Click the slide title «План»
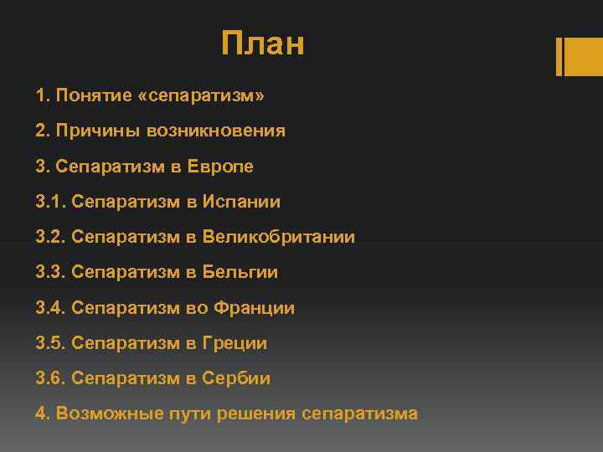pyautogui.click(x=263, y=44)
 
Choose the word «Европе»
pyautogui.click(x=224, y=167)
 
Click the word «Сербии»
pyautogui.click(x=238, y=378)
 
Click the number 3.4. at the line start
pyautogui.click(x=51, y=308)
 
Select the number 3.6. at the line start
pyautogui.click(x=51, y=378)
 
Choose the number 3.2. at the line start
pyautogui.click(x=51, y=237)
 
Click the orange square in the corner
pyautogui.click(x=579, y=56)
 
